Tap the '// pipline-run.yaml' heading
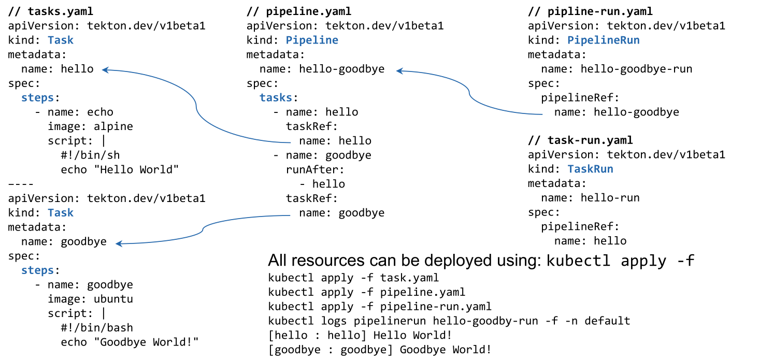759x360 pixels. (590, 11)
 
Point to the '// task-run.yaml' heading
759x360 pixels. (580, 140)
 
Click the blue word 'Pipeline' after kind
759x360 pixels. (312, 40)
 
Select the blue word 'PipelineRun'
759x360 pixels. (604, 40)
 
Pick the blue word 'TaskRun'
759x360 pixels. (590, 169)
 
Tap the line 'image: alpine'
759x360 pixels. (90, 126)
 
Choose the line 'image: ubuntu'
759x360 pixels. (90, 299)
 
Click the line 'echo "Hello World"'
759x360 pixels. (120, 169)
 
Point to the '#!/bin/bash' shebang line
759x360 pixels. (97, 328)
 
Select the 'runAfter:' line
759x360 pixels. (315, 169)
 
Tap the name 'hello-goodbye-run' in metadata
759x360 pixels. (636, 69)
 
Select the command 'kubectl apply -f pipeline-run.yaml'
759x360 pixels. (380, 307)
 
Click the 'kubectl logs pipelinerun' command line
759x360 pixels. (449, 321)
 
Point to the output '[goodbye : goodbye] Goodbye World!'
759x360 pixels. (380, 350)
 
